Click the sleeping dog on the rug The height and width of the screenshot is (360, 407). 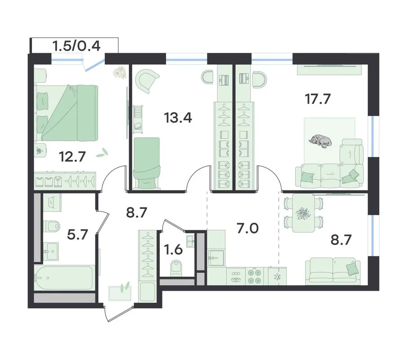[x=320, y=141]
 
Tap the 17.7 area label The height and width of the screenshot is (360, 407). [x=318, y=99]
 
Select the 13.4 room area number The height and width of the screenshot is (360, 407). [x=178, y=118]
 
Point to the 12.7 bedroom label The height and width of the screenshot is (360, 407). [x=72, y=157]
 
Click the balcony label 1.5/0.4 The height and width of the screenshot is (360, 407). [x=77, y=46]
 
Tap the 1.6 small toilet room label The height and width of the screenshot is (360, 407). [x=173, y=250]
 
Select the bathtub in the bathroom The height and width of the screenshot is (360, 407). [x=64, y=277]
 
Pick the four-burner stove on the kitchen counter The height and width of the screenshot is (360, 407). [x=254, y=276]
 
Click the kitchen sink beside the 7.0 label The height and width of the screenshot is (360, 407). [x=216, y=258]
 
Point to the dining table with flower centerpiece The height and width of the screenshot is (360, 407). [x=303, y=213]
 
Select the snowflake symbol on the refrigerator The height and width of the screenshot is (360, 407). [x=277, y=277]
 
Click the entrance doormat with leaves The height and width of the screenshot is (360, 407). [x=120, y=293]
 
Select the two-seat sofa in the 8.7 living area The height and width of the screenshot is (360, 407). [x=333, y=271]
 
